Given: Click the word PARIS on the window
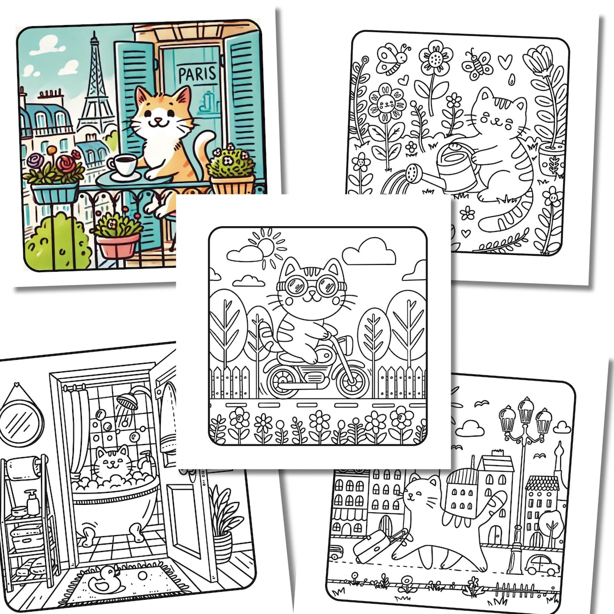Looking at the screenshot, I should click(197, 74).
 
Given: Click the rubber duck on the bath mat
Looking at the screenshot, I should click(107, 579).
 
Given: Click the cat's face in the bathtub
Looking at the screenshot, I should click(111, 465).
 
